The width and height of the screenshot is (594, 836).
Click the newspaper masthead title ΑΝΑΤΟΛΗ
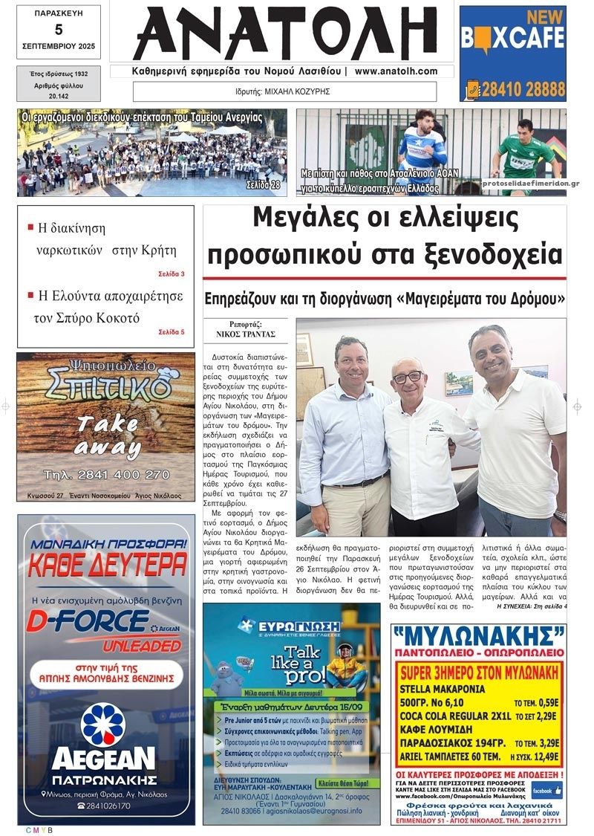(x=284, y=34)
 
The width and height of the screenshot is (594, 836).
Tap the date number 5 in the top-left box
(x=59, y=30)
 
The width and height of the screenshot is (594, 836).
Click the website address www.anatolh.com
(x=395, y=72)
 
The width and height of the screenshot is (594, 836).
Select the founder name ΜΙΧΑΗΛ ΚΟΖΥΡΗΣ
(x=297, y=92)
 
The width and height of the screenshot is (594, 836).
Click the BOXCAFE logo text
(x=512, y=37)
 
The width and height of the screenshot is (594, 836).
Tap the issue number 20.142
(x=59, y=96)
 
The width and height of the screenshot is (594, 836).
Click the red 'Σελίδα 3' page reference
(x=172, y=274)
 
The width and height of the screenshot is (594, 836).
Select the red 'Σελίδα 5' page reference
(x=172, y=332)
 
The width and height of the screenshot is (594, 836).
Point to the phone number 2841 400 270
(x=106, y=475)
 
